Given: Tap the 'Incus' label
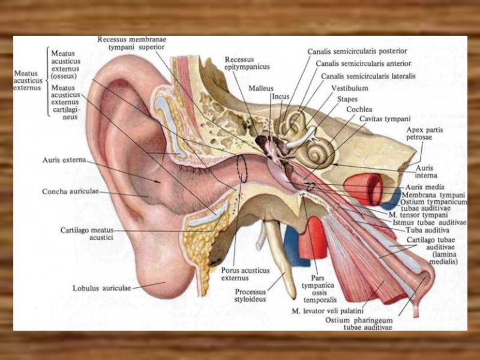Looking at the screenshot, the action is [x=280, y=96].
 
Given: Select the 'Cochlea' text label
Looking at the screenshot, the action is [x=359, y=110].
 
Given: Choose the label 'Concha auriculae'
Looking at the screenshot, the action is [x=70, y=192].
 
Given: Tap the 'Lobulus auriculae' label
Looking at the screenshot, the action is [x=101, y=288].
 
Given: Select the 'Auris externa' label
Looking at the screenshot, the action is [x=64, y=160].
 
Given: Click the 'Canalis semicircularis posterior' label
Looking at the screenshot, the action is [x=357, y=52].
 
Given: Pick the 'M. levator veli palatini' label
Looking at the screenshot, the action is [x=328, y=311].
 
